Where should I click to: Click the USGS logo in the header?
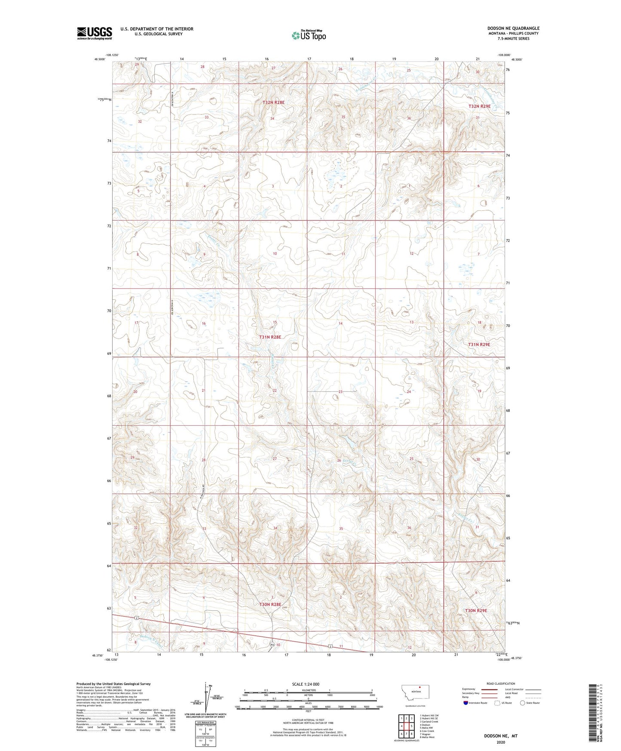click(95, 33)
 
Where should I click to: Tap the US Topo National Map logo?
click(308, 35)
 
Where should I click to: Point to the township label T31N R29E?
click(479, 345)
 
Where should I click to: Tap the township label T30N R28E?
click(270, 604)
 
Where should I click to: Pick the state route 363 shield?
click(272, 644)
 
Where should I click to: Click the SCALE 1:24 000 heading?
click(306, 684)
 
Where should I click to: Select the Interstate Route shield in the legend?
click(466, 703)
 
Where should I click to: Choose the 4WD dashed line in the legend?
click(533, 697)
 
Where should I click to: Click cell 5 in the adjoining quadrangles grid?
click(411, 726)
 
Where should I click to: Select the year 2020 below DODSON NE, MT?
click(501, 742)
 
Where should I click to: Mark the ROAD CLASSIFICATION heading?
click(501, 683)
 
